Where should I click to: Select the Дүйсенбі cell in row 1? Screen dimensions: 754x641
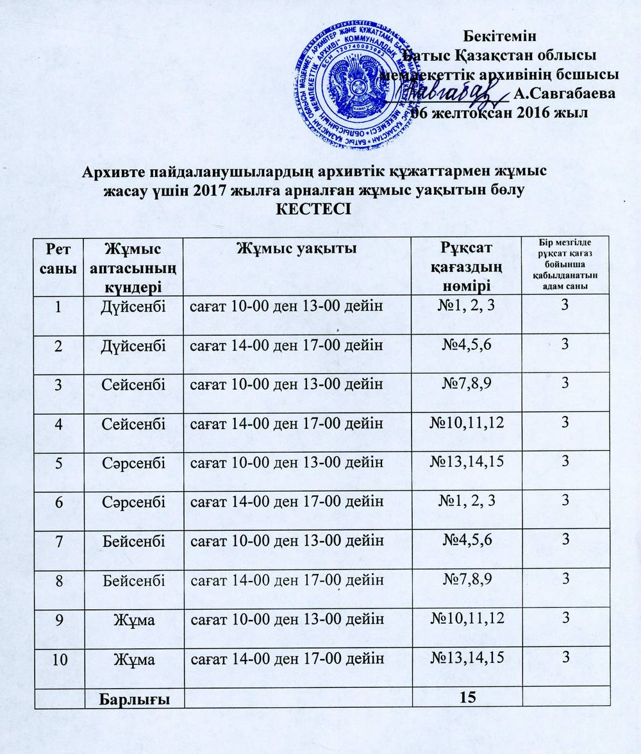pyautogui.click(x=134, y=306)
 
